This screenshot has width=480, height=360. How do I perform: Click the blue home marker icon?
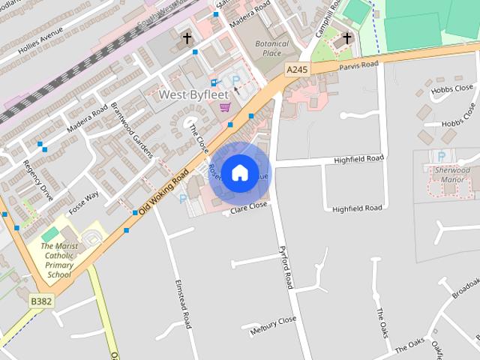(240, 172)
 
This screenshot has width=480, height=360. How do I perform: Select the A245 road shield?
(297, 70)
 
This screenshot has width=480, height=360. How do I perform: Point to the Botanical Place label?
(271, 49)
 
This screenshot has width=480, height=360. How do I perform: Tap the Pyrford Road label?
(284, 268)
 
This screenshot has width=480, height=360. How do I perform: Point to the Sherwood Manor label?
(452, 175)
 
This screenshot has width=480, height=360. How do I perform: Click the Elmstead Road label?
(184, 304)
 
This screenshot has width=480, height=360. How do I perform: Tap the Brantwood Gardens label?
(132, 130)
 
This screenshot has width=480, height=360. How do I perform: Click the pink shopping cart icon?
(224, 107)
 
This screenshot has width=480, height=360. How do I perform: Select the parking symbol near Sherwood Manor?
(441, 156)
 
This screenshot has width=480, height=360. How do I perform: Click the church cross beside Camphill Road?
(347, 37)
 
